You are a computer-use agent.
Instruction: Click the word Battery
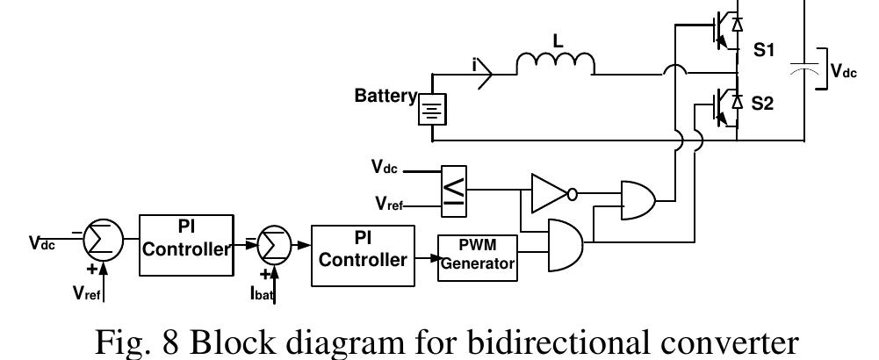tap(384, 96)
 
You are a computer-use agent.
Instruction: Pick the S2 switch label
tap(767, 104)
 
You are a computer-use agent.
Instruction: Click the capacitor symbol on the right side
tap(802, 67)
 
